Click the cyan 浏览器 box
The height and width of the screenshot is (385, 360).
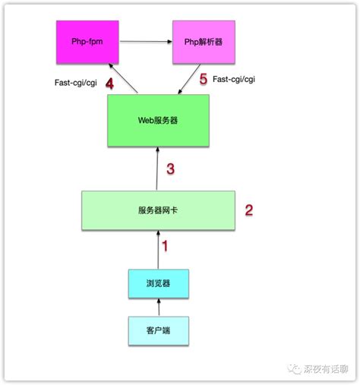click(159, 284)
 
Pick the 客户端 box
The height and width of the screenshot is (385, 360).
click(159, 330)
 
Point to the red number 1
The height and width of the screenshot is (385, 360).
click(166, 245)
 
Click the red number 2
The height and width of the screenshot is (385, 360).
click(248, 210)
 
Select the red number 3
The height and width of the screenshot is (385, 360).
click(171, 169)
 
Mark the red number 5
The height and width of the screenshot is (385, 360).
click(203, 80)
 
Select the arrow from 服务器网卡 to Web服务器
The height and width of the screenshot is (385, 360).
click(157, 169)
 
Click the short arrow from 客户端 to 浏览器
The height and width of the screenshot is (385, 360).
click(159, 308)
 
